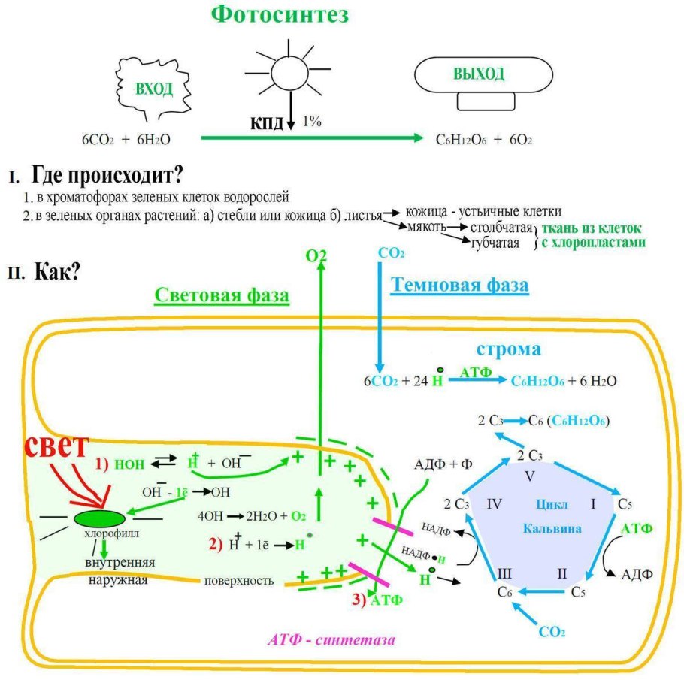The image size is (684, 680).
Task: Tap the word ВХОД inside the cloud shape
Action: (153, 89)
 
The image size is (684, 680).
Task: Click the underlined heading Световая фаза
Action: (222, 295)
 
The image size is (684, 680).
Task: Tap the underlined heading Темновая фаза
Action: (459, 285)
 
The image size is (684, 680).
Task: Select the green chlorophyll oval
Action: (99, 518)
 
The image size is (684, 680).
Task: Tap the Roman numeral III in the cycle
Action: (505, 573)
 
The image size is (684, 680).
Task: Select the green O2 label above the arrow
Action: (316, 255)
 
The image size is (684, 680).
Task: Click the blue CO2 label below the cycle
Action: (552, 631)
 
